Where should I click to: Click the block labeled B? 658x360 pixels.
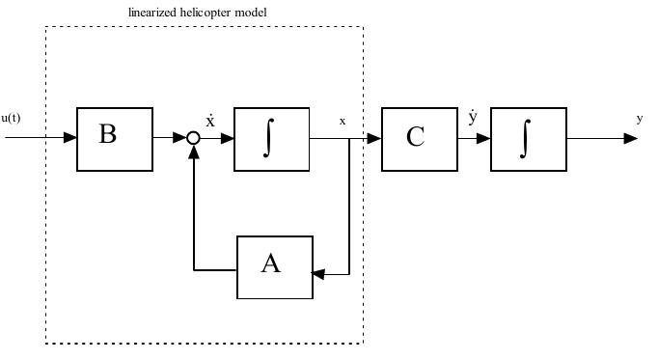point(115,139)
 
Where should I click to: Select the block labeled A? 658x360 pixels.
point(275,267)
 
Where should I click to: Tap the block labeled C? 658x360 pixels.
point(419,139)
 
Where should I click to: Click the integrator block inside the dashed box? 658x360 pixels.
point(271,139)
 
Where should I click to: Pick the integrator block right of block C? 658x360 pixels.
point(528,139)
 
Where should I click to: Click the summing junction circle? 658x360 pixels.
point(193,139)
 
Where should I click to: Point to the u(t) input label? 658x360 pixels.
point(11,119)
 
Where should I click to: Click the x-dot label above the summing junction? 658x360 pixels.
point(209,121)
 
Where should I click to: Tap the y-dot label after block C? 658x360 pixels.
point(472,119)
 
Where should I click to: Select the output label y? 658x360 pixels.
point(639,119)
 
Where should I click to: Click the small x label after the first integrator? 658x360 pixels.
point(342,122)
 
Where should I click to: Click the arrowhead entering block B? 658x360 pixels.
point(70,139)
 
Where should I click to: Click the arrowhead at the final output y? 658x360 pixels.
point(631,139)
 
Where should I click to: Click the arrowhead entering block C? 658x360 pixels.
point(375,139)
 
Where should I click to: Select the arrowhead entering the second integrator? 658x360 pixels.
point(484,139)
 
